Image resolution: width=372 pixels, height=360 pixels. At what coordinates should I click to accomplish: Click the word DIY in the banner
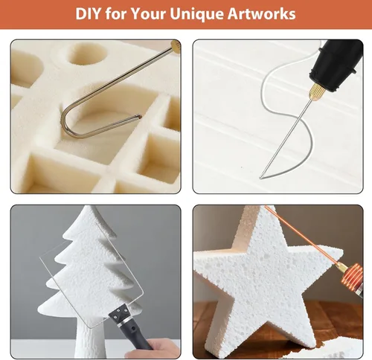tap(89, 13)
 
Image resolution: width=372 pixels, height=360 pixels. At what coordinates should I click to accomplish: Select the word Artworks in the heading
tap(261, 13)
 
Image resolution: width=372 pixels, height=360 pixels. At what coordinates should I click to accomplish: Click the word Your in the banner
tap(149, 13)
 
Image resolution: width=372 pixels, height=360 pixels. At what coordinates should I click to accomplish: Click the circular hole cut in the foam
tap(87, 54)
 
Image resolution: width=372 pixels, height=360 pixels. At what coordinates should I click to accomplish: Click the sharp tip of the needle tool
tap(260, 178)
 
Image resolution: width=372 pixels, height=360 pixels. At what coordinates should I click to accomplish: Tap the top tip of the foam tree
tap(89, 208)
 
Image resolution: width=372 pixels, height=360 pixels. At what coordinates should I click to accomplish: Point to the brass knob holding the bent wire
tap(176, 46)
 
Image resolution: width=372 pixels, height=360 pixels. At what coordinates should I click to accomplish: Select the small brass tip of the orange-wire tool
tap(340, 267)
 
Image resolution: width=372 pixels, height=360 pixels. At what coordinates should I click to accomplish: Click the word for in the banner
tap(116, 13)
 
